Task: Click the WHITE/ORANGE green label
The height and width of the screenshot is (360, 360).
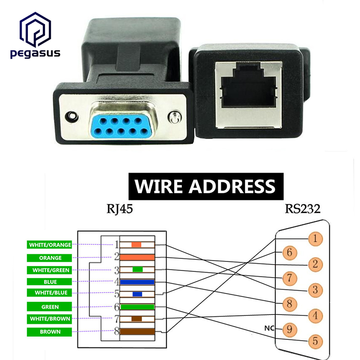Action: pos(50,245)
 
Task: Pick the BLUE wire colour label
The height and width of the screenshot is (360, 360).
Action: pos(50,282)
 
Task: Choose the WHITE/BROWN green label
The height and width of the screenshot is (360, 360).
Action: pos(50,319)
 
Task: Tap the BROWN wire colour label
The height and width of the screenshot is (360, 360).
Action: pos(50,332)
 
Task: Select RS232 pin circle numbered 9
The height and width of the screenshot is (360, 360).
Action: pos(289,329)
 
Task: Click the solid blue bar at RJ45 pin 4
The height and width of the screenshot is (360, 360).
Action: pos(137,282)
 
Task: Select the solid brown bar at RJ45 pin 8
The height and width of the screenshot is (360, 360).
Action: pos(137,333)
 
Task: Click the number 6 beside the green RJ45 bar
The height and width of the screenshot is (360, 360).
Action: pos(116,307)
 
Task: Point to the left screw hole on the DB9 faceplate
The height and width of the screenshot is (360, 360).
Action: pos(70,116)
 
